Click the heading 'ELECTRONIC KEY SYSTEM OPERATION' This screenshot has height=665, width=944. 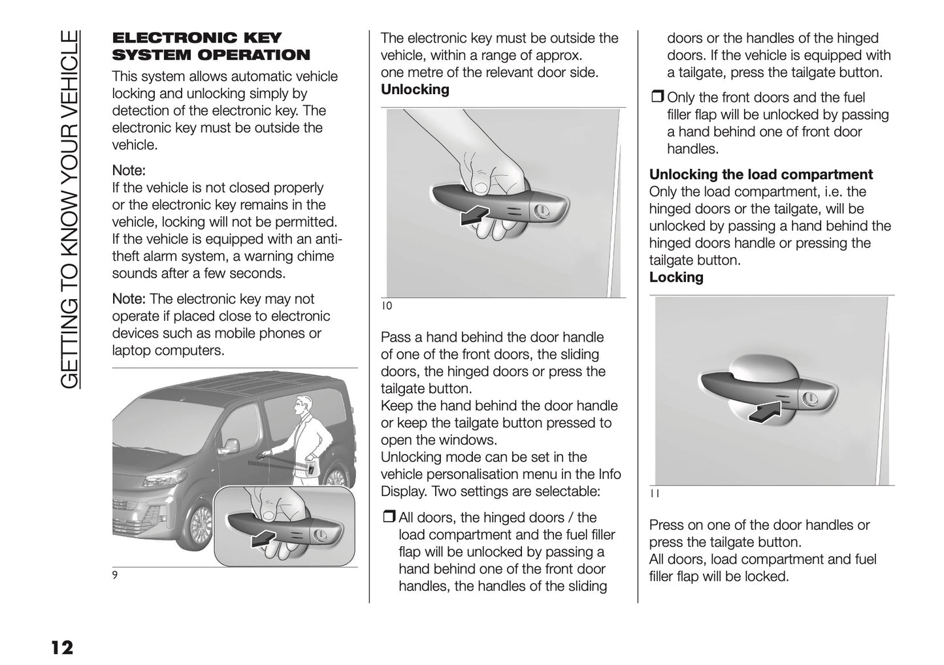[211, 46]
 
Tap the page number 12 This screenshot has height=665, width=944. [62, 647]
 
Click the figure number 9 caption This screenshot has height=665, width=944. [115, 576]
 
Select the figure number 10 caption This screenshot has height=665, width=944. [386, 306]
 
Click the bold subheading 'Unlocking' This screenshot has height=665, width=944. [415, 89]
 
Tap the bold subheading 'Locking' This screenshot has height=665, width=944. [676, 277]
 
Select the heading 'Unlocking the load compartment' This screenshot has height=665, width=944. [760, 174]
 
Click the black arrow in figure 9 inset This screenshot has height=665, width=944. [267, 538]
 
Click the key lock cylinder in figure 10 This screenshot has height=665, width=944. [542, 210]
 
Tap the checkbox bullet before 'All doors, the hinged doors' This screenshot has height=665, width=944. [389, 518]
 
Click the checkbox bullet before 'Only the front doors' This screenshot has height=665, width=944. [657, 98]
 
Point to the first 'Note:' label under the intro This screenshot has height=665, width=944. [129, 170]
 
